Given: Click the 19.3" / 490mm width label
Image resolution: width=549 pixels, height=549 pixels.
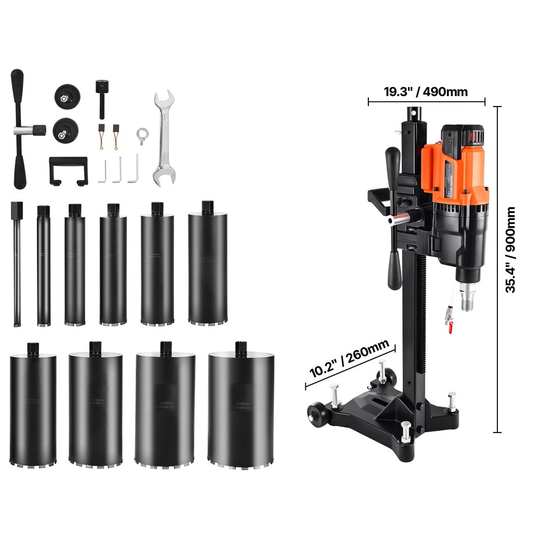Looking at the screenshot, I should click(x=425, y=91).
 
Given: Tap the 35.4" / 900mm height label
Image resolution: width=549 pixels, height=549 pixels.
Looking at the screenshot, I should click(x=511, y=250).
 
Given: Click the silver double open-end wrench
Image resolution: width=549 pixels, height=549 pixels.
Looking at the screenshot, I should click(x=164, y=137).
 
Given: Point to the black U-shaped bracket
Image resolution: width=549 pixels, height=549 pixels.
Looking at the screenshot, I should click(x=68, y=169).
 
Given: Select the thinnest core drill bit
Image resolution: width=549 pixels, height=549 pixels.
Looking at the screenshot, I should click(x=17, y=264).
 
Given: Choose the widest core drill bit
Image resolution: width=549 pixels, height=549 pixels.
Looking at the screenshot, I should click(x=240, y=406).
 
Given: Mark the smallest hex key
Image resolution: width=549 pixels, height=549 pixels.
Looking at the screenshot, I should click(x=102, y=171).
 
